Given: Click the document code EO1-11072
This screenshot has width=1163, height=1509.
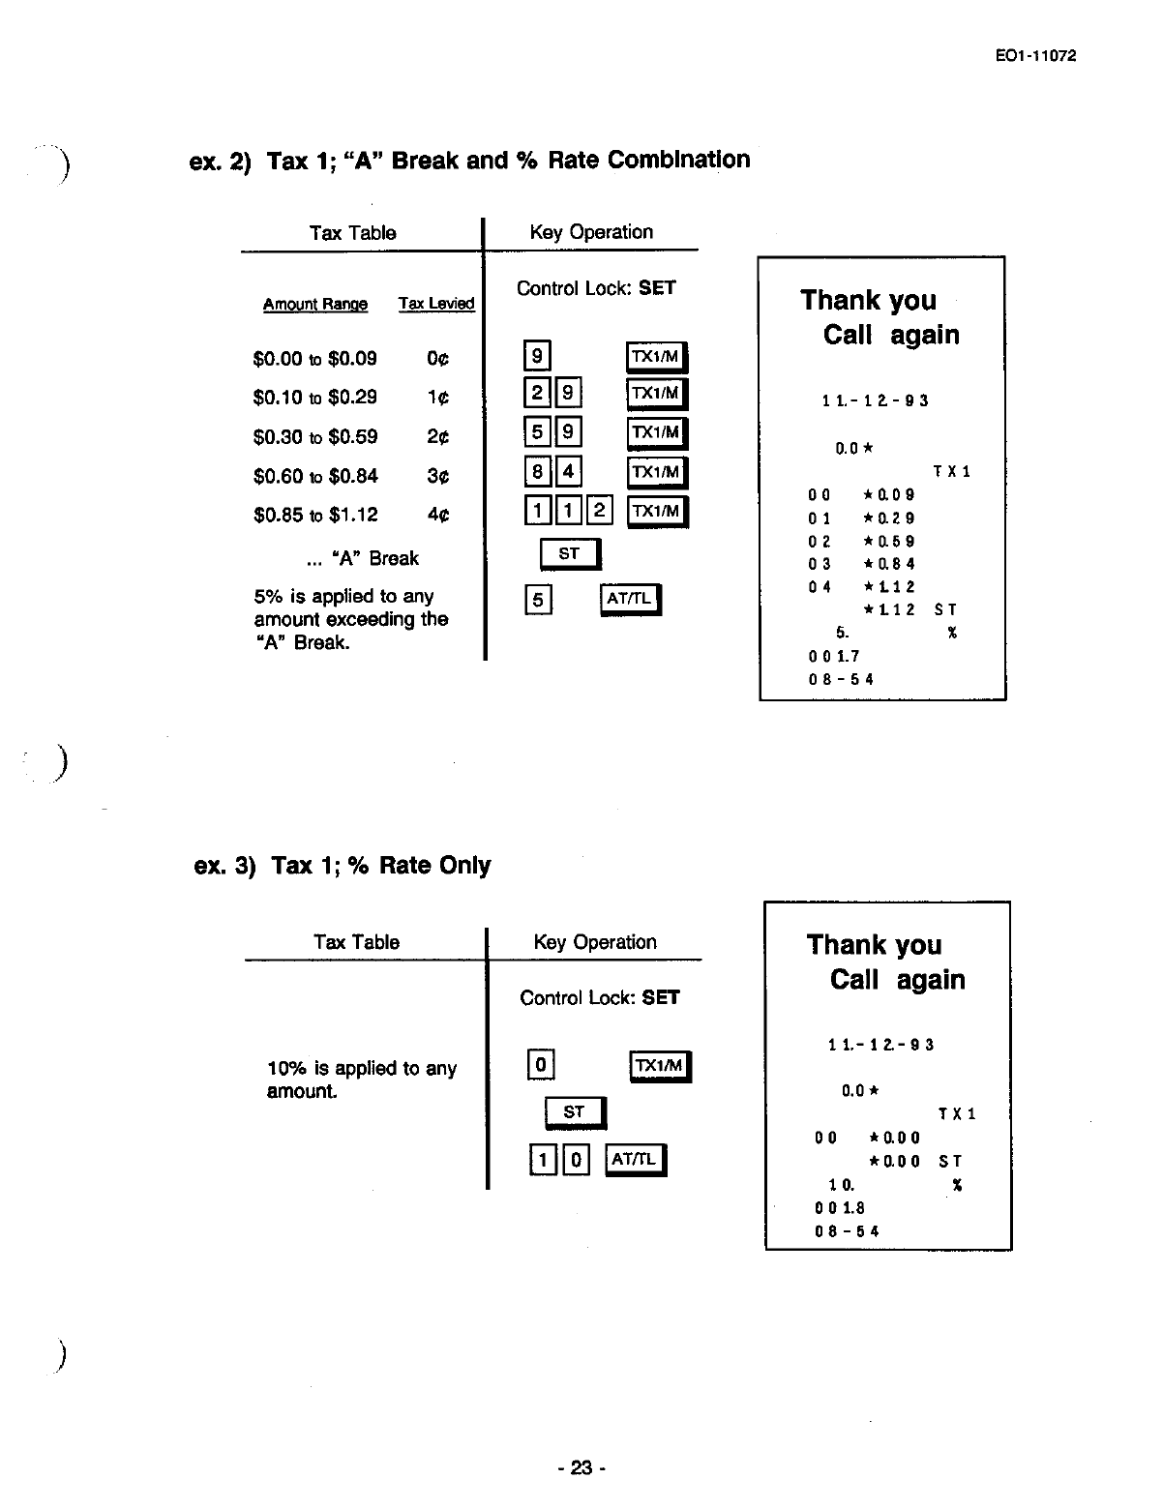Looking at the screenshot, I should (x=1035, y=55).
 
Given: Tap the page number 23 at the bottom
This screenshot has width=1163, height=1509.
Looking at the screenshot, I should (x=581, y=1467).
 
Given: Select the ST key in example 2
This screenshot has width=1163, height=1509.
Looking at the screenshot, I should (x=570, y=554).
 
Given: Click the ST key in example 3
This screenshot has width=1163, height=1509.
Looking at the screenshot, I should (x=575, y=1112).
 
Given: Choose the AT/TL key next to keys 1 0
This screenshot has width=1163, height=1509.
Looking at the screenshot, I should (x=636, y=1159).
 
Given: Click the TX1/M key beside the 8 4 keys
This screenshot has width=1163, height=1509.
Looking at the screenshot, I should (x=657, y=472).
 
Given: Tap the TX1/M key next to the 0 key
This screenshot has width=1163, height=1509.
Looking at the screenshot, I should (x=661, y=1066).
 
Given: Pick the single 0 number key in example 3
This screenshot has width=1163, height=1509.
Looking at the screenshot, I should (x=540, y=1066).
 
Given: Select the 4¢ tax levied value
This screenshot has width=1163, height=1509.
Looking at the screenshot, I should (x=437, y=516).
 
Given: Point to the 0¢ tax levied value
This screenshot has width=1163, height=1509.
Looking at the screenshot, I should (x=437, y=359).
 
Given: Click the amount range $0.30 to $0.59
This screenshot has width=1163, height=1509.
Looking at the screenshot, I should (x=314, y=437).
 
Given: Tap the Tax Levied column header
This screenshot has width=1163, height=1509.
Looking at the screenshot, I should (x=436, y=304).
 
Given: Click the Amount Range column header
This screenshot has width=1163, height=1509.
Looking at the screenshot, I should (x=315, y=305).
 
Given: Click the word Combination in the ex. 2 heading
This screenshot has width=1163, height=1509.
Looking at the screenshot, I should (x=678, y=160).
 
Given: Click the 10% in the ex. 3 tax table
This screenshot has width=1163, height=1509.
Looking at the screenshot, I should (x=286, y=1069).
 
